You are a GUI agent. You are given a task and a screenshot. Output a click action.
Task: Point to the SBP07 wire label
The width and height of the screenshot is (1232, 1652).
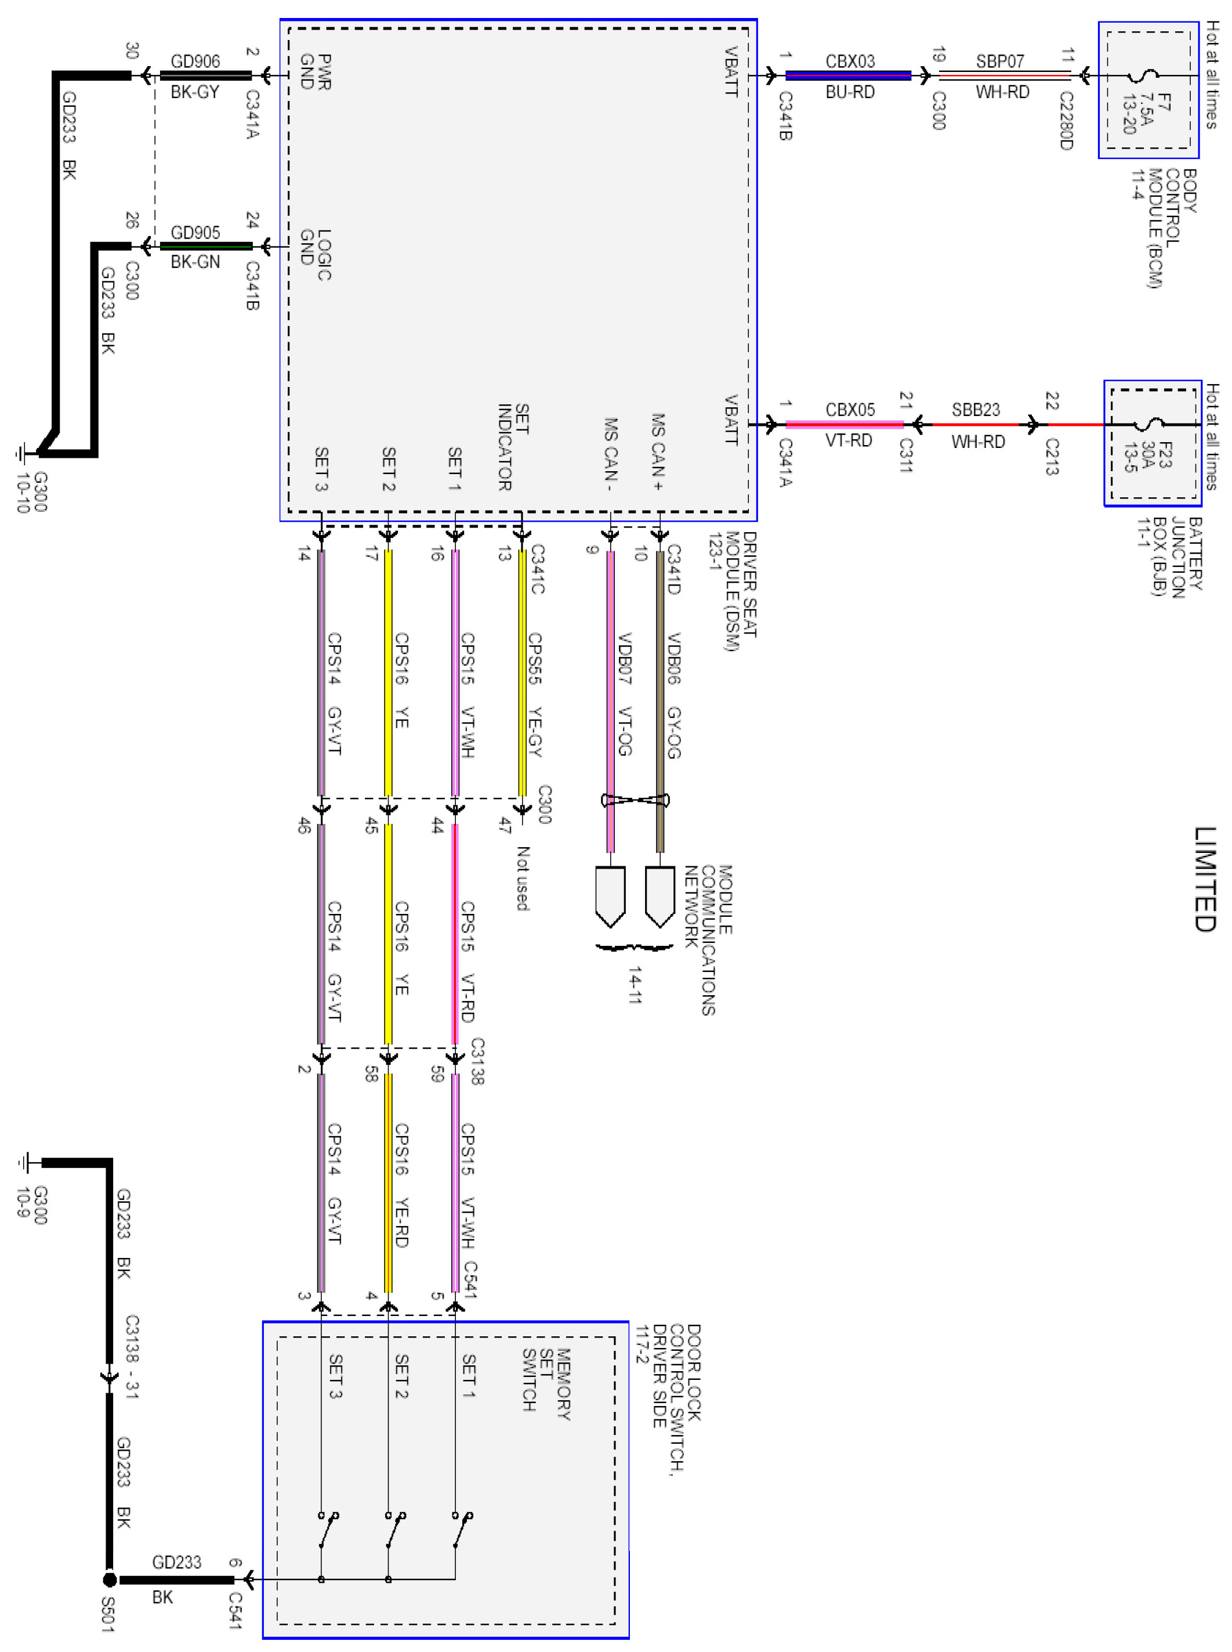[1000, 61]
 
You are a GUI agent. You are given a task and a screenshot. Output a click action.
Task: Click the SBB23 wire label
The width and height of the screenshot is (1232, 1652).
[976, 410]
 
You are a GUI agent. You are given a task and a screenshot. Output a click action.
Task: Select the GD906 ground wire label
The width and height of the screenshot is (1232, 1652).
[195, 61]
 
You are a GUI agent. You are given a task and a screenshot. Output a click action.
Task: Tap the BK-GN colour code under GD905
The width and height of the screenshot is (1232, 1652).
[195, 262]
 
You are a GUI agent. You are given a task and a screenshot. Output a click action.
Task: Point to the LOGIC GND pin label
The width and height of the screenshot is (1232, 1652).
[315, 254]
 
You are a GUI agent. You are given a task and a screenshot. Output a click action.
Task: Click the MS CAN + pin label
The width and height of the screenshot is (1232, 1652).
[657, 452]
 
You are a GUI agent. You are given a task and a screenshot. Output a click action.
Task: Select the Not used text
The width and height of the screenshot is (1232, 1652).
[522, 878]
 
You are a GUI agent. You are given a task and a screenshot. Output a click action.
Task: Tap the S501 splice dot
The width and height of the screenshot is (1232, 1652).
[109, 1579]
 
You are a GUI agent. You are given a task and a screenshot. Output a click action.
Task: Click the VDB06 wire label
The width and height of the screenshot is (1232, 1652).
[673, 658]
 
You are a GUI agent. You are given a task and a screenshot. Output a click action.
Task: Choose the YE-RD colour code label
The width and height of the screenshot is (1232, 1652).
[400, 1223]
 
